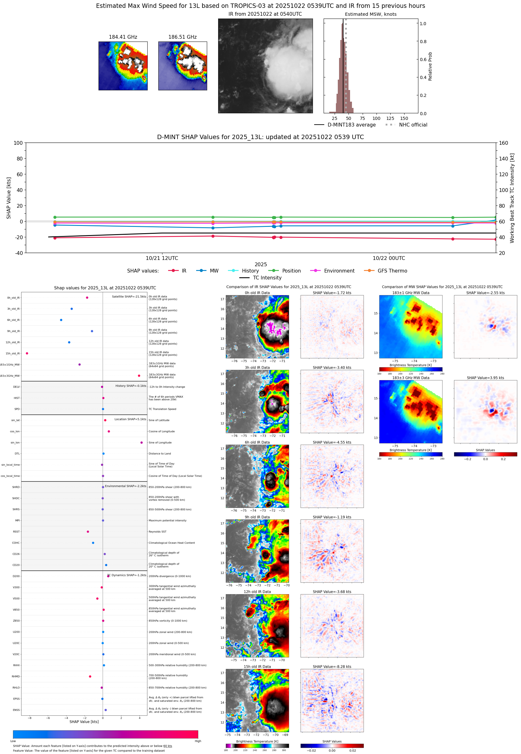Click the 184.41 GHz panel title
pos(123,37)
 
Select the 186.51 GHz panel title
pos(182,37)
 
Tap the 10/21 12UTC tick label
pos(161,258)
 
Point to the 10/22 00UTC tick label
pos(388,258)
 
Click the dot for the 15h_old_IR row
pos(27,353)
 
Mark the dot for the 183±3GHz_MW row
pos(139,375)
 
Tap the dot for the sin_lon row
pos(141,442)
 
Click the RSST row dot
pos(88,532)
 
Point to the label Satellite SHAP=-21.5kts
pos(129,296)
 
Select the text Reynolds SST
pos(157,532)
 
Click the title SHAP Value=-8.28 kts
pos(332,667)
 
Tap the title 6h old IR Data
pos(257,442)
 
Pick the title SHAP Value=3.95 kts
pos(485,378)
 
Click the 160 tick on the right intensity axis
pos(503,143)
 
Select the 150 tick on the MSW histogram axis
pos(404,118)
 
